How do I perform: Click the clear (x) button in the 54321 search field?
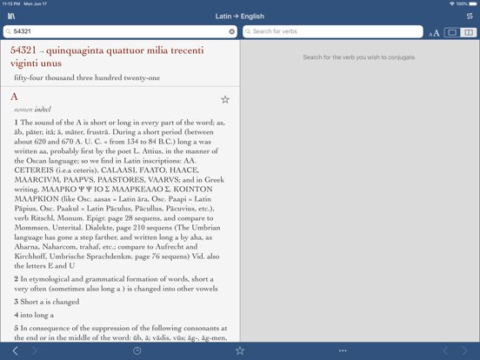pos(232,31)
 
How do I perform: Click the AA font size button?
pos(434,32)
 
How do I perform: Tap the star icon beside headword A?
pos(225,99)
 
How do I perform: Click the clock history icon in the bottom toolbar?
pos(137,350)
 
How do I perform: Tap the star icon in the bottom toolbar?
pos(240,350)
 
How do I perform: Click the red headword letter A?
pos(14,96)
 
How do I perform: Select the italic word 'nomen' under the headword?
pos(23,110)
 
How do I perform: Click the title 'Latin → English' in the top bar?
pos(240,17)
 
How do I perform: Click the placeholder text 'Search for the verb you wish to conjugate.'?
pos(359,57)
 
